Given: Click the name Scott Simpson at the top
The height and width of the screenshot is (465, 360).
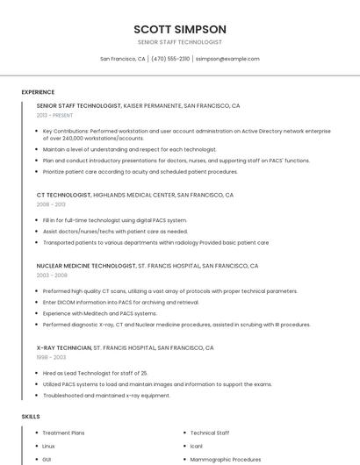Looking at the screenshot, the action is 180,29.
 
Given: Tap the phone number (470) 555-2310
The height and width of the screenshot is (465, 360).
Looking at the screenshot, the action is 170,59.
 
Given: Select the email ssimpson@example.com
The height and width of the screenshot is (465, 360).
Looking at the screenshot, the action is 227,59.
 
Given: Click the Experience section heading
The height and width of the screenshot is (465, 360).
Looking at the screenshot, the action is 38,92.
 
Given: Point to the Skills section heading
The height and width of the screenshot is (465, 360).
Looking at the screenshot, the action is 31,417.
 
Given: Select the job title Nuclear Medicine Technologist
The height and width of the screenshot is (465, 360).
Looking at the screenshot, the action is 86,266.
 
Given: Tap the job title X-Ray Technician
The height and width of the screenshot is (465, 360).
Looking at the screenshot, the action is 64,347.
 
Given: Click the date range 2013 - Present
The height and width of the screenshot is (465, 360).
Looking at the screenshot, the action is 54,115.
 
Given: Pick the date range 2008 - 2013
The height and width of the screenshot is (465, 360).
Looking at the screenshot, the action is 50,204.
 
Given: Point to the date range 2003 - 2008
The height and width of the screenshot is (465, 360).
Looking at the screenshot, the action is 52,275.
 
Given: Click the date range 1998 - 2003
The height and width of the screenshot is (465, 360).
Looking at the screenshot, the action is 51,357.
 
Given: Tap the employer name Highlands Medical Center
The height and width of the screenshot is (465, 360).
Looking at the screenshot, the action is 133,195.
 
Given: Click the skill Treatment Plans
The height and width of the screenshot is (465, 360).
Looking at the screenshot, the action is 63,433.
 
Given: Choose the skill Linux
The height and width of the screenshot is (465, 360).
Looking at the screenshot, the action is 49,446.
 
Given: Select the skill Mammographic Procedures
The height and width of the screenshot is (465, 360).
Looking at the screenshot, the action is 226,459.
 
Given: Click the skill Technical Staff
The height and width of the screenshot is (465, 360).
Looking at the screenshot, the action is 210,433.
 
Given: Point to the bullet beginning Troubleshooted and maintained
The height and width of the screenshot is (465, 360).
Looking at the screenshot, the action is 106,395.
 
